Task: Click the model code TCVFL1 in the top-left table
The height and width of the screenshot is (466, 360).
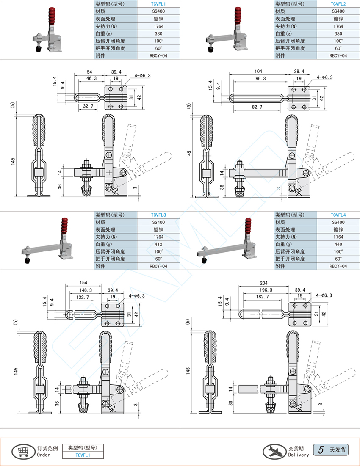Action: pos(158,4)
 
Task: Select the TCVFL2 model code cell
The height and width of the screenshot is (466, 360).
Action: pos(338,4)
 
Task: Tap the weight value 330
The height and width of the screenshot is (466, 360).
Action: pos(158,33)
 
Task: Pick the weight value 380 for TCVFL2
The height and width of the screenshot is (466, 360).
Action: pos(338,33)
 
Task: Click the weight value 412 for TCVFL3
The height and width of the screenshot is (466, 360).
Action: pos(158,244)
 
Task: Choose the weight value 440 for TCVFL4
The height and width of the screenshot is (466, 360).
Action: pos(338,244)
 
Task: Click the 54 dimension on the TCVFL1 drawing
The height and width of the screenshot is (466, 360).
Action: pos(89,72)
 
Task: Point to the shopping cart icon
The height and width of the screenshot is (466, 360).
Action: pos(22,451)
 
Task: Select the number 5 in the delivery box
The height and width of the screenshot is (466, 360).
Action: pos(321,449)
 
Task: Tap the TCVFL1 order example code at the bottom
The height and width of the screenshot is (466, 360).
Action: pos(83,455)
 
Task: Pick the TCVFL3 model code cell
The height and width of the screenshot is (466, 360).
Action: pos(158,215)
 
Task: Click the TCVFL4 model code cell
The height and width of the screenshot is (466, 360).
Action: pos(338,215)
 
